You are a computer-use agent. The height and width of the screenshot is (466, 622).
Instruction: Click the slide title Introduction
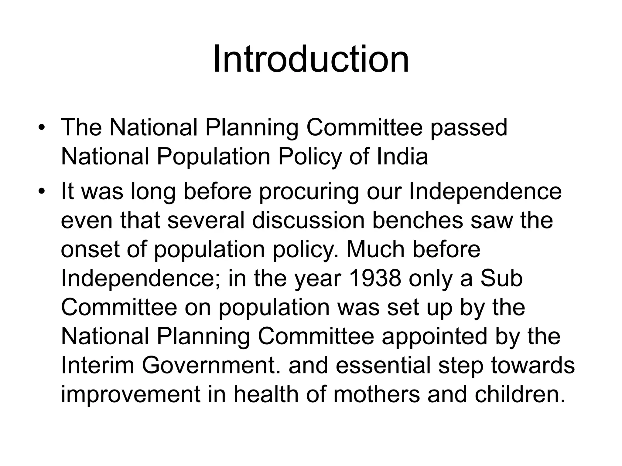(311, 59)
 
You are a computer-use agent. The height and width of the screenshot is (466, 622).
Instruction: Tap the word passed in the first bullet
(469, 128)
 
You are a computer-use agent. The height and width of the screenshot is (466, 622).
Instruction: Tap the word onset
(90, 250)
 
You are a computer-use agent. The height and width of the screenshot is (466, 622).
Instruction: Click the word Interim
(97, 366)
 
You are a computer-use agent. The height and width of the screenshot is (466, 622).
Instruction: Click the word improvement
(131, 395)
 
